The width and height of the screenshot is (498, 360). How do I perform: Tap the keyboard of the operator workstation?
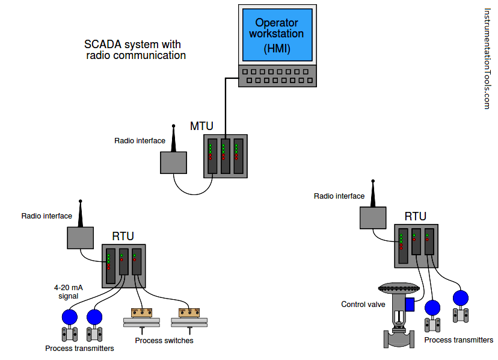(x=277, y=76)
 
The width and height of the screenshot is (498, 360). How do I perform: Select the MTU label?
(x=201, y=126)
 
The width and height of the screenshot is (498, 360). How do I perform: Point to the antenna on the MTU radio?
(x=174, y=138)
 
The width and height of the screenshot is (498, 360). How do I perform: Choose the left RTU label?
(x=123, y=236)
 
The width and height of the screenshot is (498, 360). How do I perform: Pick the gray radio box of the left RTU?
(x=80, y=238)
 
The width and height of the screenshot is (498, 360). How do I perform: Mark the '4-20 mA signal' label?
(x=68, y=292)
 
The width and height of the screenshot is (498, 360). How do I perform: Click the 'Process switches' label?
(x=164, y=341)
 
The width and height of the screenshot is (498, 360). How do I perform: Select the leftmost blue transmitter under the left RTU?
(x=70, y=317)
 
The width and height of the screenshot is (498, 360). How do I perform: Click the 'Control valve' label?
(x=363, y=305)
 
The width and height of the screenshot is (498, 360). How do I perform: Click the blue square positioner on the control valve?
(x=410, y=304)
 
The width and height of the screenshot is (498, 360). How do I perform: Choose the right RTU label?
(x=415, y=216)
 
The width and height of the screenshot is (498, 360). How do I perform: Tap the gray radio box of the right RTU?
(x=373, y=217)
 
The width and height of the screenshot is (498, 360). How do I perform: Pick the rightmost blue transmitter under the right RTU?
(x=461, y=297)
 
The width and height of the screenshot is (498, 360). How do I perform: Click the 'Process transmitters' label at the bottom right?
(x=458, y=340)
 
